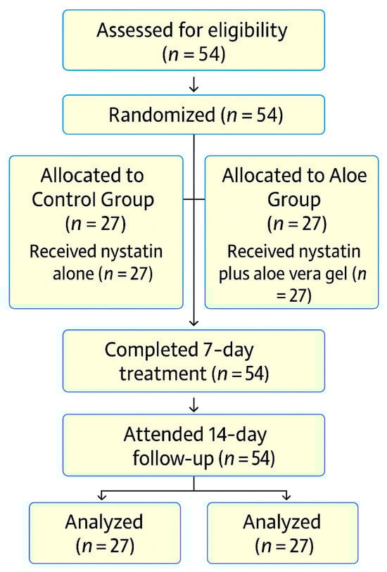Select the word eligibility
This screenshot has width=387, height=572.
[246, 31]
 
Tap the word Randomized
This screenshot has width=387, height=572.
[162, 115]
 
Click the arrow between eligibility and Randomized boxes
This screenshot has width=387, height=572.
[193, 83]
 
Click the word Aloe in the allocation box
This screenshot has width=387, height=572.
[348, 175]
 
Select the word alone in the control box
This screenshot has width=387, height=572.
[74, 274]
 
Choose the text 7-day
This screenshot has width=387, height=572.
[228, 350]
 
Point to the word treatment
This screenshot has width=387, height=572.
[163, 374]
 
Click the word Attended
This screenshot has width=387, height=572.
[163, 434]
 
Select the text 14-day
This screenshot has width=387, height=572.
[237, 435]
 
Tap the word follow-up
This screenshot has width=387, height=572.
[173, 458]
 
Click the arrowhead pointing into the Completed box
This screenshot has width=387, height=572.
[194, 322]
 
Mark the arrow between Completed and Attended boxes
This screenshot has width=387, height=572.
[193, 404]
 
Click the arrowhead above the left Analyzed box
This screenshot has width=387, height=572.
[102, 496]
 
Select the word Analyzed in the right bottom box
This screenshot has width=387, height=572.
[282, 522]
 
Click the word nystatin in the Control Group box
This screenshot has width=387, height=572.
[132, 251]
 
